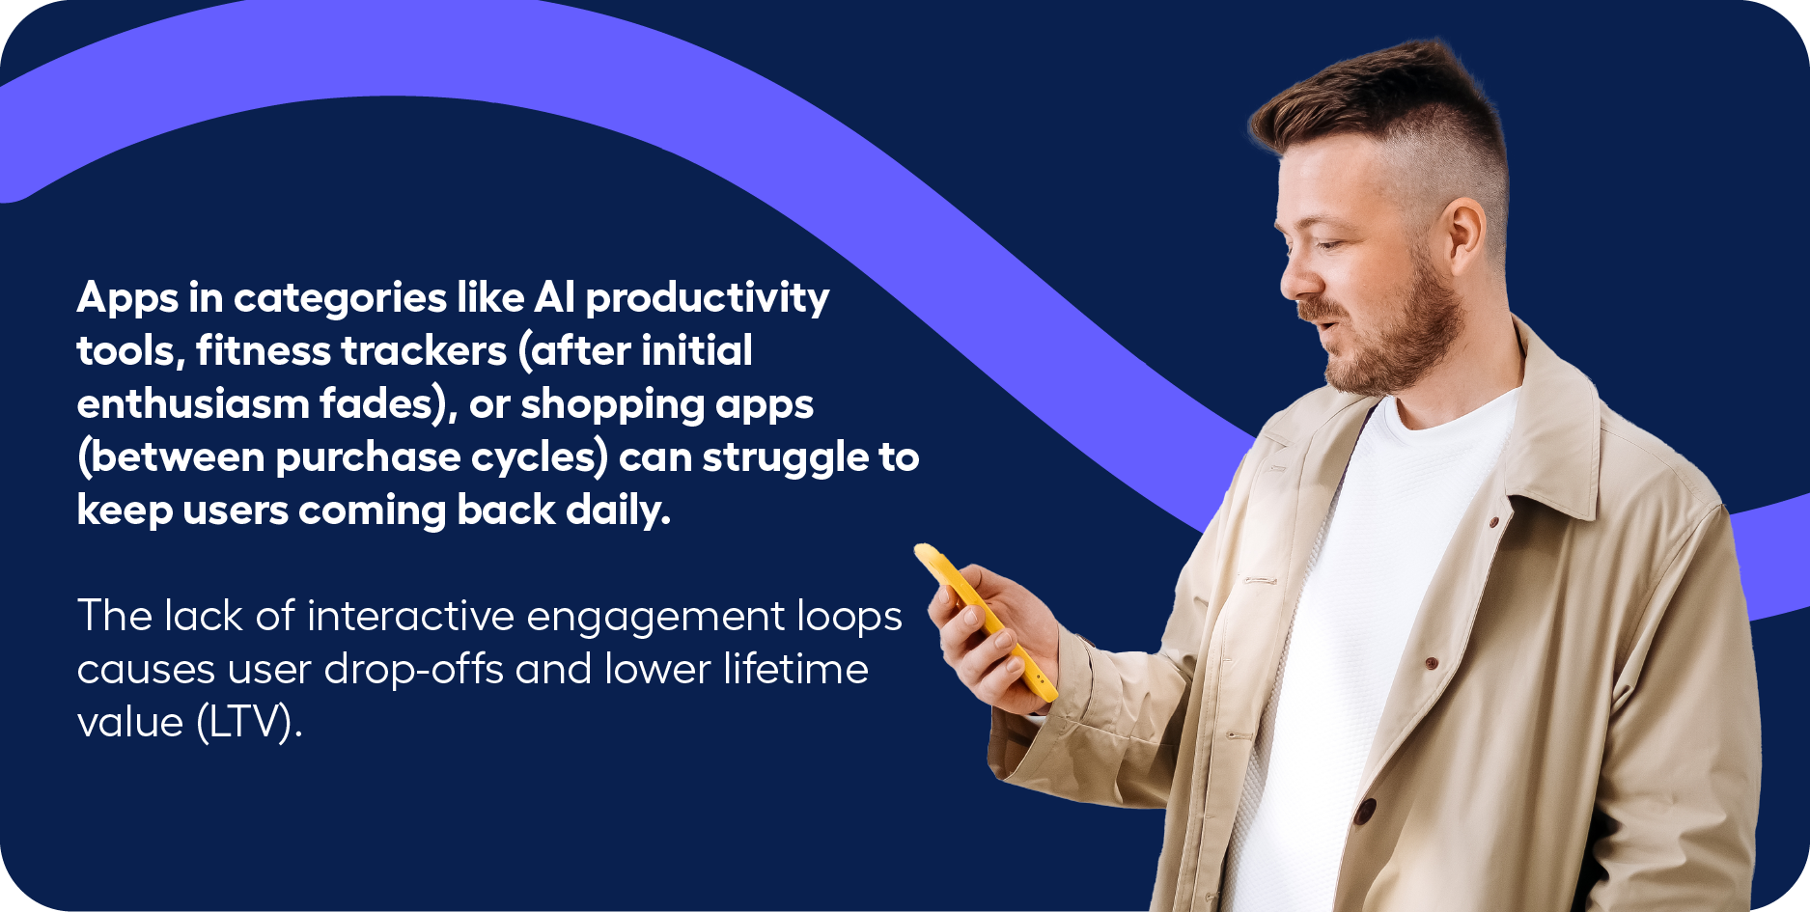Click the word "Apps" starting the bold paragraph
(127, 298)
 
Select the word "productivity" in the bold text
(708, 298)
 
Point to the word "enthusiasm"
(192, 402)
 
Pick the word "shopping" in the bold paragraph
(612, 404)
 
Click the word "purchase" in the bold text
(368, 457)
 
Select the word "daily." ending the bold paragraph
(618, 510)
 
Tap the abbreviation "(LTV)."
(249, 722)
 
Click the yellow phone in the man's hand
(985, 620)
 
